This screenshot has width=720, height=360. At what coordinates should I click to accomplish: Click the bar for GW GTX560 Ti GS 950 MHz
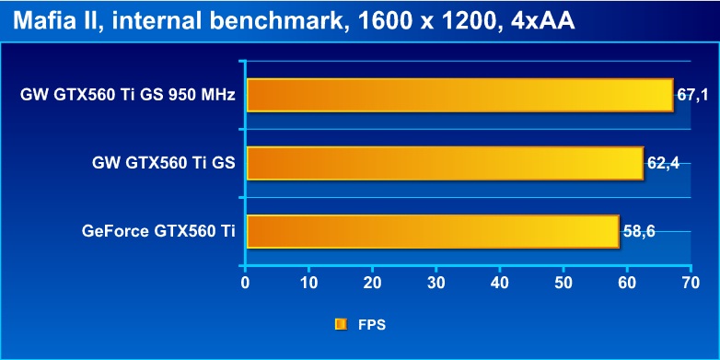point(460,95)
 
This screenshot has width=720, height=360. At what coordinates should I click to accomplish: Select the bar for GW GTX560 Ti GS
point(445,163)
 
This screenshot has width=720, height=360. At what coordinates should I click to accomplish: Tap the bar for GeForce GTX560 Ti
point(433,231)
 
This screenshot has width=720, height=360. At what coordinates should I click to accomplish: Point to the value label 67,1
point(692,95)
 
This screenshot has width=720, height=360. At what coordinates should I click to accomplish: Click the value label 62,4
point(663,163)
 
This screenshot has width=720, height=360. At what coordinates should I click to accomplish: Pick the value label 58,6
point(638,231)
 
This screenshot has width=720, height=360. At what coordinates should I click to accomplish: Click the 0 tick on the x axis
point(246,283)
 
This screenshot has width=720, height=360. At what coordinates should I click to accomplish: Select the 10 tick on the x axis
point(309,283)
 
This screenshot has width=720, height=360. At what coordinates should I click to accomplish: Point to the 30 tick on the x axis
point(436,283)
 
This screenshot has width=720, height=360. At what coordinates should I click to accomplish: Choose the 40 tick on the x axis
point(500,283)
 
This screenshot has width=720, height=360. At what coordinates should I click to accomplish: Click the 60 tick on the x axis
point(627,283)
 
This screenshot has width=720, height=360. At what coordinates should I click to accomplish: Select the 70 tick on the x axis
point(691,283)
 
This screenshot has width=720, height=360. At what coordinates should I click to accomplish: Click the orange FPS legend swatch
point(341,325)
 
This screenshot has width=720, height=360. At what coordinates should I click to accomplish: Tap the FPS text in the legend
point(372,325)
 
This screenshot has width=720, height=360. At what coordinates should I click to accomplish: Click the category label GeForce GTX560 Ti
point(159,231)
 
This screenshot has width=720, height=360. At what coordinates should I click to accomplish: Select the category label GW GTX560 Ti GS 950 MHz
point(128,95)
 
